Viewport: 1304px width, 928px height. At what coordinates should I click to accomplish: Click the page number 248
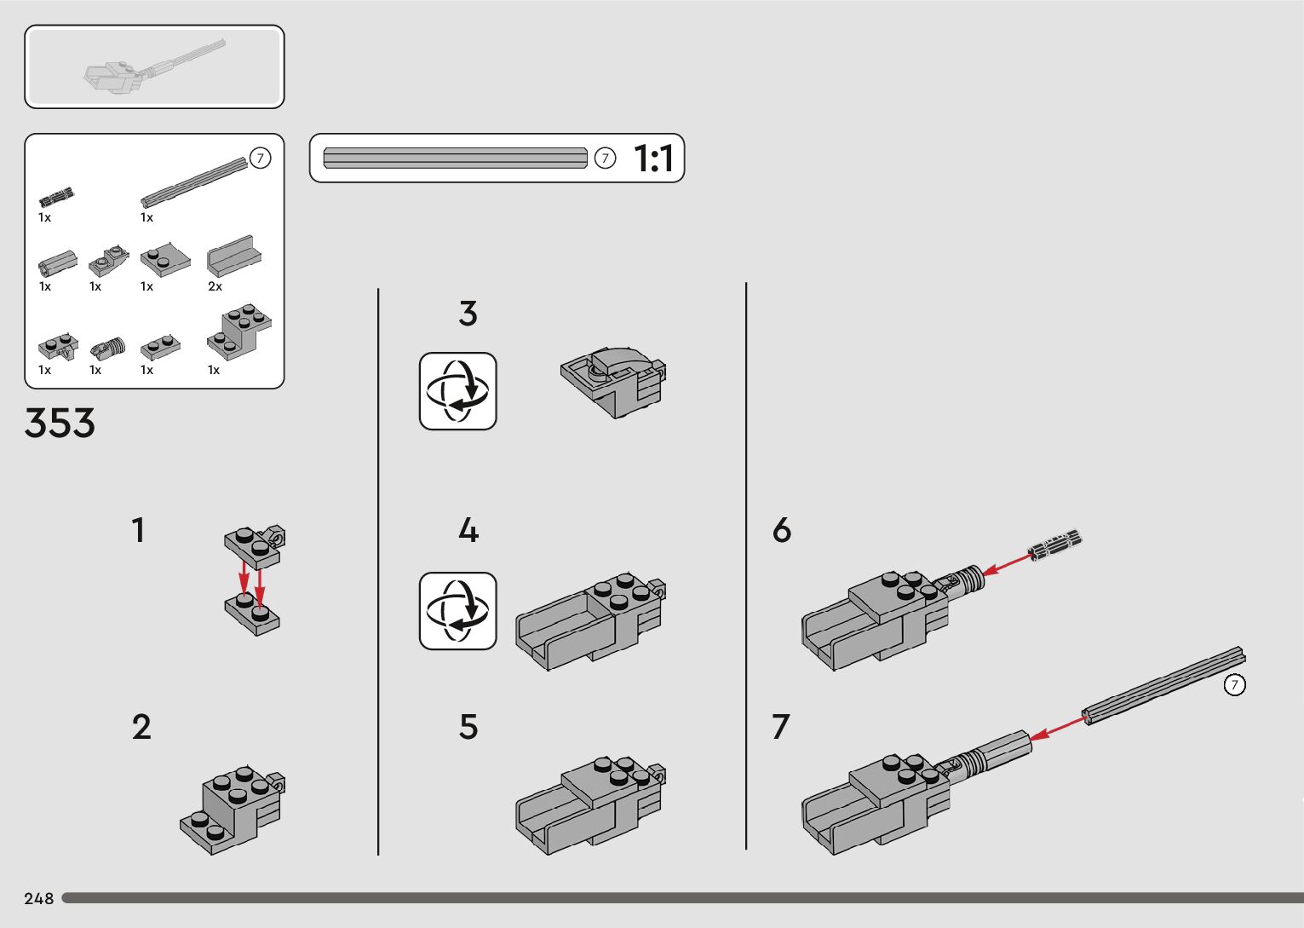click(x=38, y=898)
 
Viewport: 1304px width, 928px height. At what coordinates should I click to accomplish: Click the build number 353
click(x=60, y=423)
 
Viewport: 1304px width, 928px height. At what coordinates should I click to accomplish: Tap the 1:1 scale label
click(x=653, y=159)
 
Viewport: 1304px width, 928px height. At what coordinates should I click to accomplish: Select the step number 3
click(x=468, y=314)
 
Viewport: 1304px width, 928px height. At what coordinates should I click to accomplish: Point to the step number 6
click(x=782, y=530)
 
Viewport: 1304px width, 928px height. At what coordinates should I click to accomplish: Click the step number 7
click(x=781, y=726)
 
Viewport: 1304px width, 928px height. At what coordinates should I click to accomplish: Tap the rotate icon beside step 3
click(x=457, y=391)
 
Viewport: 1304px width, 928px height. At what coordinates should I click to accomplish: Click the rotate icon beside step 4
click(x=457, y=610)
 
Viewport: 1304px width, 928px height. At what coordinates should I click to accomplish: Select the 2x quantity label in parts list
click(x=215, y=286)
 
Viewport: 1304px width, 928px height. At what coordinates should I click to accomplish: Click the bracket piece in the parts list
click(x=239, y=331)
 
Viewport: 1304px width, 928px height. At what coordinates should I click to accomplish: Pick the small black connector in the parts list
click(x=56, y=197)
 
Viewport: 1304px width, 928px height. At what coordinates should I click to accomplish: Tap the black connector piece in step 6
click(x=1055, y=545)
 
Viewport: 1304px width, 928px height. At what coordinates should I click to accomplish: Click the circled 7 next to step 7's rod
click(x=1235, y=684)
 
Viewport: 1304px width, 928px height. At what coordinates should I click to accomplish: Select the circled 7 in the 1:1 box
click(x=605, y=158)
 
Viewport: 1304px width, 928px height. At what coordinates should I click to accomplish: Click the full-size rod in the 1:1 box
click(x=455, y=158)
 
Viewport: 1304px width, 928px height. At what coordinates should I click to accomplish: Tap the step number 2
click(x=141, y=726)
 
